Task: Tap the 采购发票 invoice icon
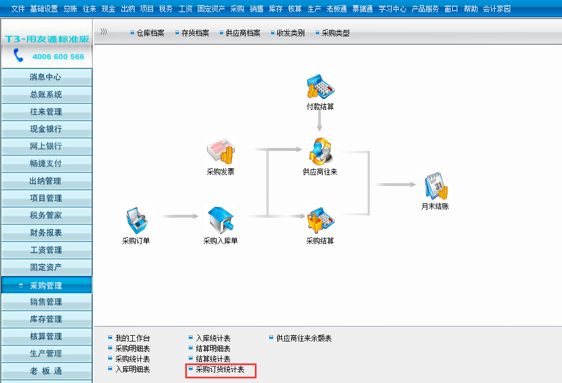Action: [220, 153]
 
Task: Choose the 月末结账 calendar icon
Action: [435, 187]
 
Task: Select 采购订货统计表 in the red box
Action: [220, 370]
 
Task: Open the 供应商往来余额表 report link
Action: [304, 339]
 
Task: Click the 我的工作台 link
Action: [132, 339]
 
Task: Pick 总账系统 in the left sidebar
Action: [46, 94]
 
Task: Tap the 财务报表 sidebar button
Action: [46, 233]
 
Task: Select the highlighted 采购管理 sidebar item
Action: [46, 285]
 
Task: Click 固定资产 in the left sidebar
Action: [46, 267]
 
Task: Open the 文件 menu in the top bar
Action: [18, 9]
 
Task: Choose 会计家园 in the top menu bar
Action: [496, 9]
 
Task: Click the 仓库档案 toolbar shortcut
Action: [150, 33]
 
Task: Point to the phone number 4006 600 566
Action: [58, 57]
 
